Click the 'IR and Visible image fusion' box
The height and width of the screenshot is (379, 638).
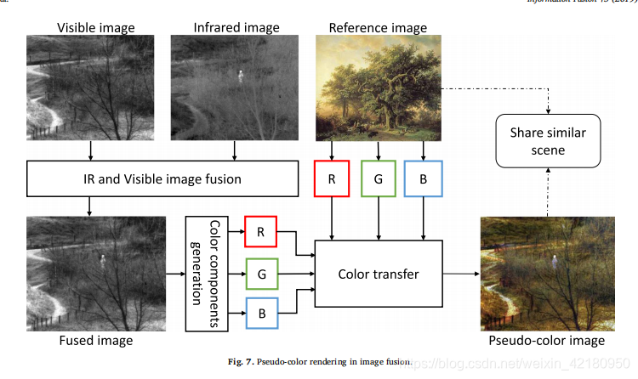(x=164, y=179)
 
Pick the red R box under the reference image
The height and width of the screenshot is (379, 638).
(x=332, y=179)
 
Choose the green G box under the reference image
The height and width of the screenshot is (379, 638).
(x=378, y=179)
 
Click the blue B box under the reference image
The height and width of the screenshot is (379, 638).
(x=423, y=179)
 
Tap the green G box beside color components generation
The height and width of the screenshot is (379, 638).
(x=262, y=274)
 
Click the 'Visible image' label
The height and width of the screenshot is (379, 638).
(x=95, y=28)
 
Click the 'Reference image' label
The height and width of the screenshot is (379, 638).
(x=378, y=28)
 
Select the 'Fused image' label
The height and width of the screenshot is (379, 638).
(x=94, y=341)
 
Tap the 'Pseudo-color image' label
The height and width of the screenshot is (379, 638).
(x=546, y=341)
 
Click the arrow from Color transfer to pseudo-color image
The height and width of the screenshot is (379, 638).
(x=461, y=274)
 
